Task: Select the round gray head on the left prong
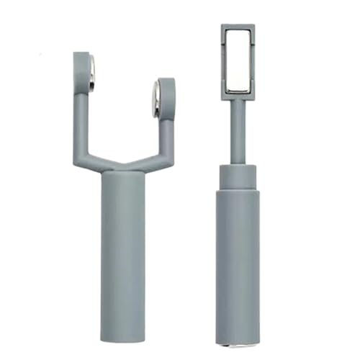(x=82, y=67)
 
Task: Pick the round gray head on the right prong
(x=166, y=94)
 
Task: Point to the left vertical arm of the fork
(x=81, y=115)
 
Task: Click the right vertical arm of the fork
(x=167, y=133)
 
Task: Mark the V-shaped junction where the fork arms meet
(x=123, y=167)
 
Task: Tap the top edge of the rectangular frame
(x=237, y=27)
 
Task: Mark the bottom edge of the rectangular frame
(x=237, y=96)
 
